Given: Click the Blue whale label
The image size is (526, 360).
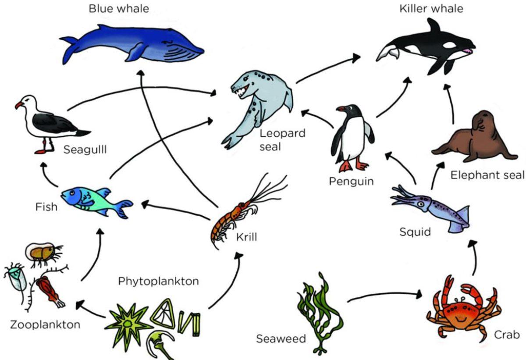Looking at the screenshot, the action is pos(119,9).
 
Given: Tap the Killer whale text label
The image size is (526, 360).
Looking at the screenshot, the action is pos(431,9).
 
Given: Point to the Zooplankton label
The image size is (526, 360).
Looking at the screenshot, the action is pos(45,325).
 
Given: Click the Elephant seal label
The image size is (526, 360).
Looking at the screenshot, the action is pos(487,175).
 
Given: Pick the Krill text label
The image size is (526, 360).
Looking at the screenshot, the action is pos(246,237).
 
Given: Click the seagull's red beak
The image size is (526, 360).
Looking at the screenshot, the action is pos(19,105).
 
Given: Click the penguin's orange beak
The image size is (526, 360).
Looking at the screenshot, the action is pos(341,109).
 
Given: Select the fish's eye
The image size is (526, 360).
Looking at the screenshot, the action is pos(72,193).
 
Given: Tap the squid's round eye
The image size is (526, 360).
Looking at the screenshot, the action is pos(422,204).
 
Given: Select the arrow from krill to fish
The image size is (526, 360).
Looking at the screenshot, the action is pos(176,210).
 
